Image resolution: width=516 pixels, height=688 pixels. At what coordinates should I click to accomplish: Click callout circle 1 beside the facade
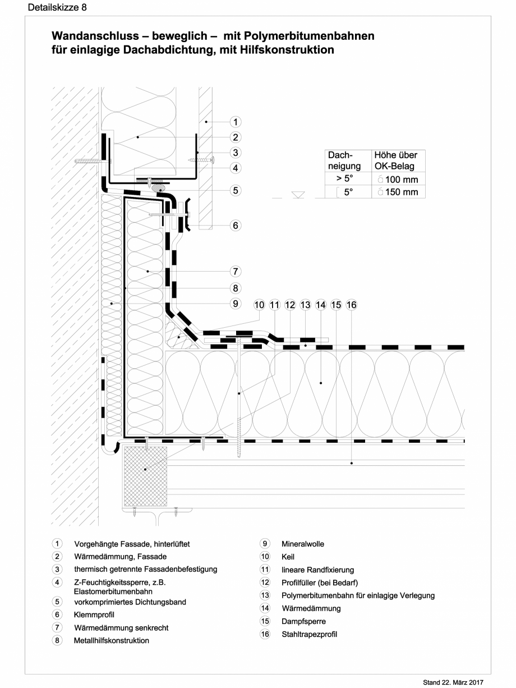click(236, 122)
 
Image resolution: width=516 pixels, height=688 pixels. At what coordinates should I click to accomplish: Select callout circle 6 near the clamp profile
click(236, 225)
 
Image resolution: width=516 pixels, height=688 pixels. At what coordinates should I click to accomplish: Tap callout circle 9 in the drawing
click(236, 304)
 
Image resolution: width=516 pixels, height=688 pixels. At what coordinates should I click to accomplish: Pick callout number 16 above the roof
click(352, 305)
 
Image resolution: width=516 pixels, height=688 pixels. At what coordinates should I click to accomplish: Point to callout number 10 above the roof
click(259, 305)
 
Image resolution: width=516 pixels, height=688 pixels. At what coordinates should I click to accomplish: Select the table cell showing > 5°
click(344, 180)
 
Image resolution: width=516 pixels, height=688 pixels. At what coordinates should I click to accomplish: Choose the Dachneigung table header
click(344, 160)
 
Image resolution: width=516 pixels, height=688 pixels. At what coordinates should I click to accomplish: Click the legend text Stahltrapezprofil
click(309, 635)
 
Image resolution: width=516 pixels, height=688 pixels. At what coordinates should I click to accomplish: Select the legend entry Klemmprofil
click(94, 615)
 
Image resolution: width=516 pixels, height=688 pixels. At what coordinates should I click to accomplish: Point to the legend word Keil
click(288, 557)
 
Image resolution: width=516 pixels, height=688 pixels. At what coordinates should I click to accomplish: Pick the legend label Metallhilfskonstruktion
click(111, 640)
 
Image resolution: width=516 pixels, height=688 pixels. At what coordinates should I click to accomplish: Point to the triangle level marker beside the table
click(298, 195)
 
